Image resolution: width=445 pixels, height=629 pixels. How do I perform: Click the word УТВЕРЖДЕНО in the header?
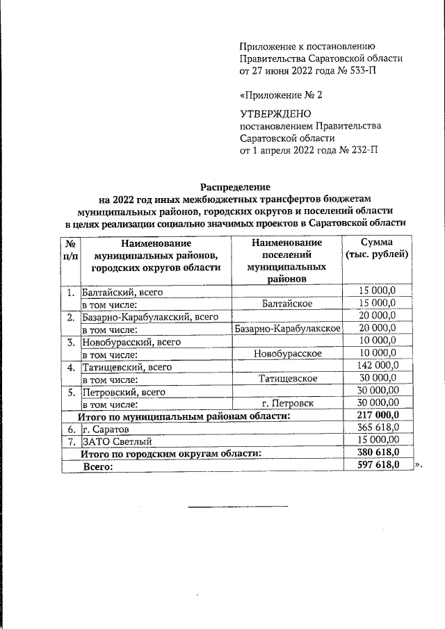point(275,113)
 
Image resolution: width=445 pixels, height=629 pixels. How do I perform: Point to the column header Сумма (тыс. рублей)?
point(378,249)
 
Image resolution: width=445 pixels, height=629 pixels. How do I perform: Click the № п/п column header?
point(70,249)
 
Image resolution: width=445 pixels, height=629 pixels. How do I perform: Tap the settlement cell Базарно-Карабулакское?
point(287,328)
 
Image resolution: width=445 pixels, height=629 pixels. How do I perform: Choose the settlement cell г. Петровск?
point(287,403)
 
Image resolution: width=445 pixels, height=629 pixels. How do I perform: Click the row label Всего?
point(98,466)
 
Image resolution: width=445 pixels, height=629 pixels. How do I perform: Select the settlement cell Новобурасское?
point(287,353)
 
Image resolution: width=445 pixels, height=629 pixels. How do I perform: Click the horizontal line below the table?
point(238,506)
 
